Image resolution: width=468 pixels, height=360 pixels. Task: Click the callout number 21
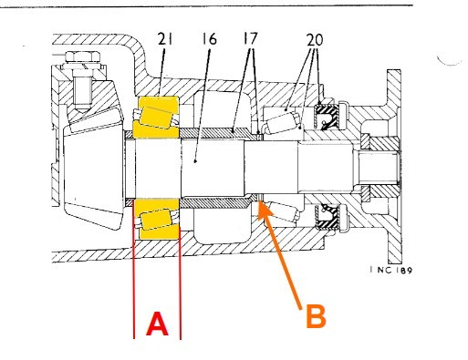pyautogui.click(x=165, y=39)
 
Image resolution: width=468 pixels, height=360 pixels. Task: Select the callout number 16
pyautogui.click(x=209, y=39)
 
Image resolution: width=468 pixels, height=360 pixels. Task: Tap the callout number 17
pyautogui.click(x=250, y=38)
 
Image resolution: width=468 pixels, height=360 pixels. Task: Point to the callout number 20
pyautogui.click(x=315, y=39)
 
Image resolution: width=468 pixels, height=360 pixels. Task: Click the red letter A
pyautogui.click(x=157, y=324)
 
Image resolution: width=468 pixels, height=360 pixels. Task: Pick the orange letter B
pyautogui.click(x=316, y=316)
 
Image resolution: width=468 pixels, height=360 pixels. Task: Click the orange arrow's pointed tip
pyautogui.click(x=258, y=201)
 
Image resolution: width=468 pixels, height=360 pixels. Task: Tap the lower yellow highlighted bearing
pyautogui.click(x=157, y=219)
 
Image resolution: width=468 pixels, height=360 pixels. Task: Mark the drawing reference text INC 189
pyautogui.click(x=391, y=270)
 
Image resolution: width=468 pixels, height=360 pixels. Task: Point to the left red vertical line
pyautogui.click(x=133, y=268)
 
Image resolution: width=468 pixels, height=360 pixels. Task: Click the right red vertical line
pyautogui.click(x=180, y=268)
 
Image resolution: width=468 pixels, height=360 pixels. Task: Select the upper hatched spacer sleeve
pyautogui.click(x=218, y=132)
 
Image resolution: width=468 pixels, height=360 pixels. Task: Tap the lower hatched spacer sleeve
pyautogui.click(x=218, y=202)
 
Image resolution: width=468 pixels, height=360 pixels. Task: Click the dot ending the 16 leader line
pyautogui.click(x=195, y=161)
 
